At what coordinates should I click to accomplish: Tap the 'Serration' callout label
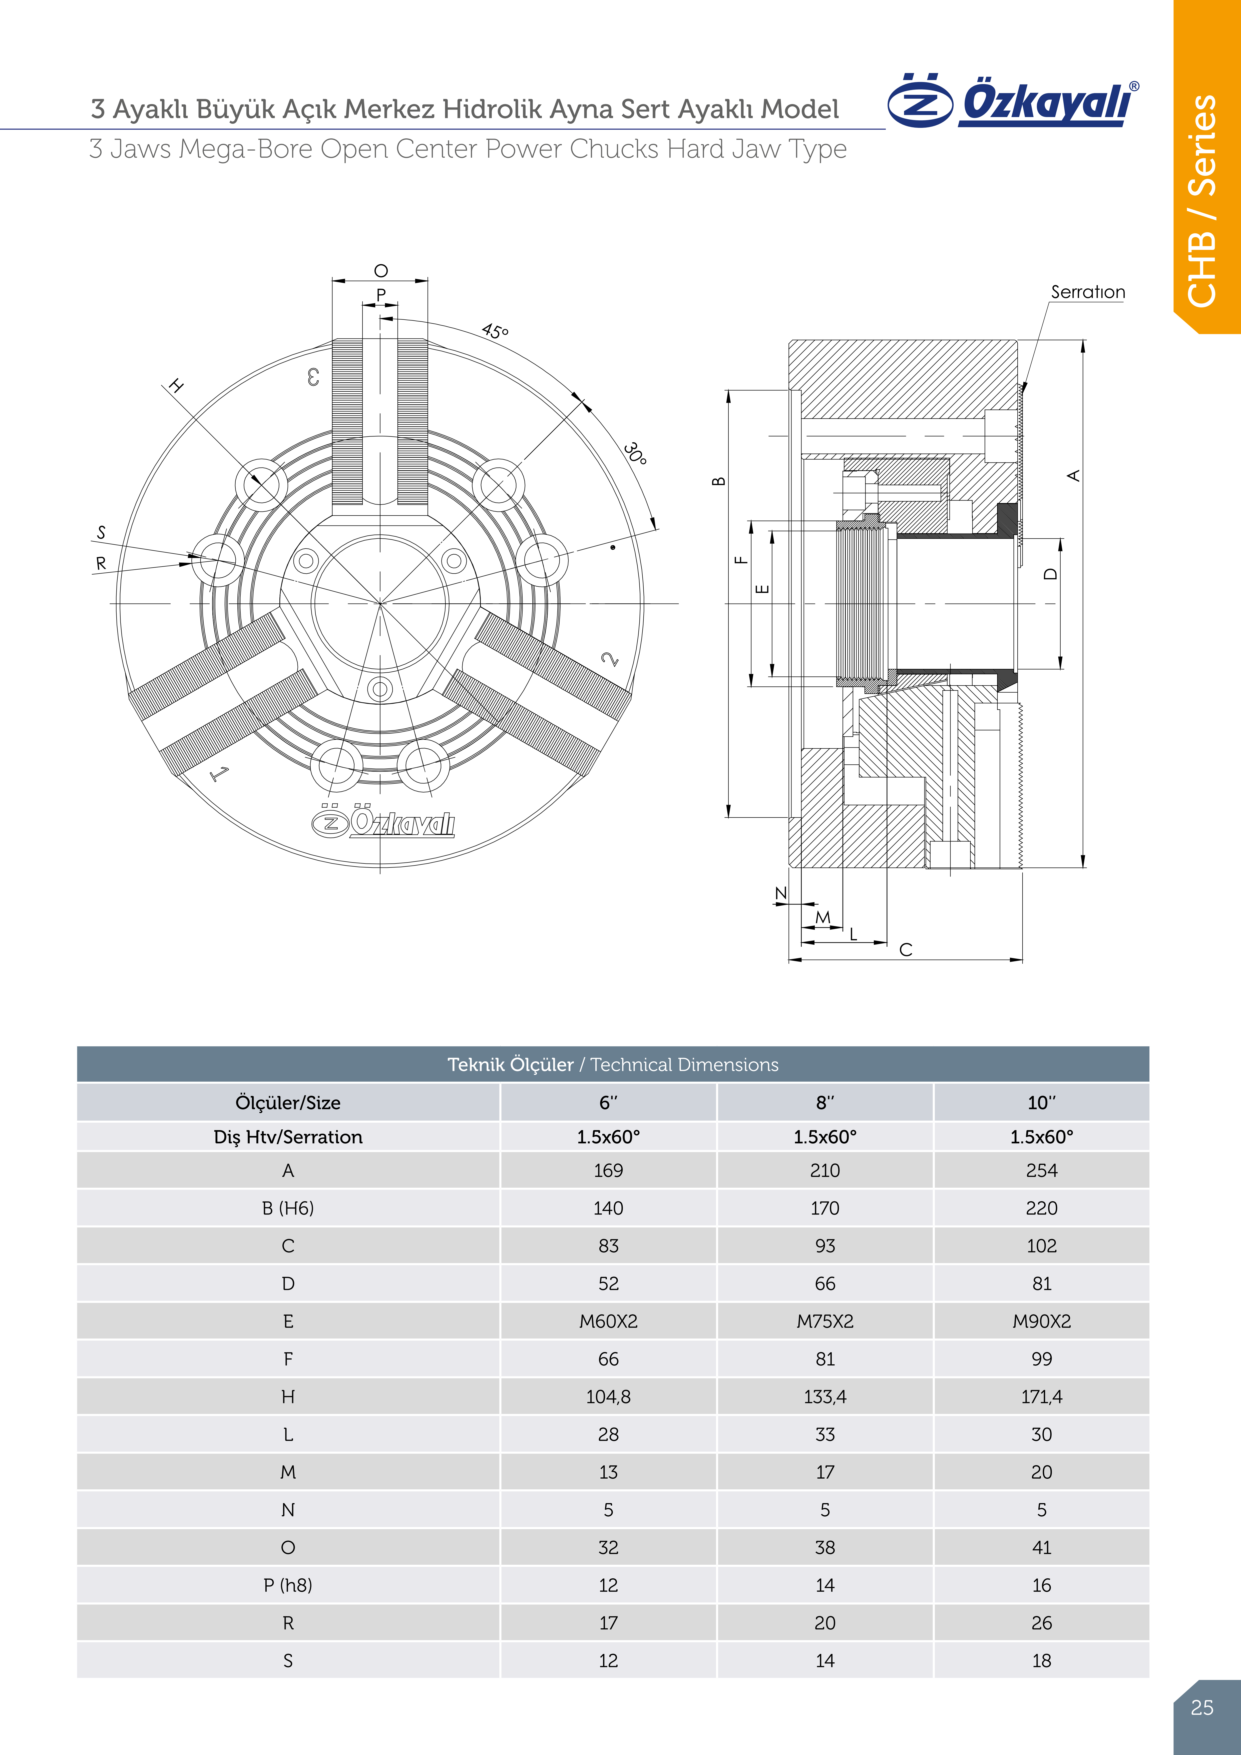pos(1087,292)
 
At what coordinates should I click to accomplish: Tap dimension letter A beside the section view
pos(1074,476)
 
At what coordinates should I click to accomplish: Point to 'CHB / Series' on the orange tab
pos(1203,200)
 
